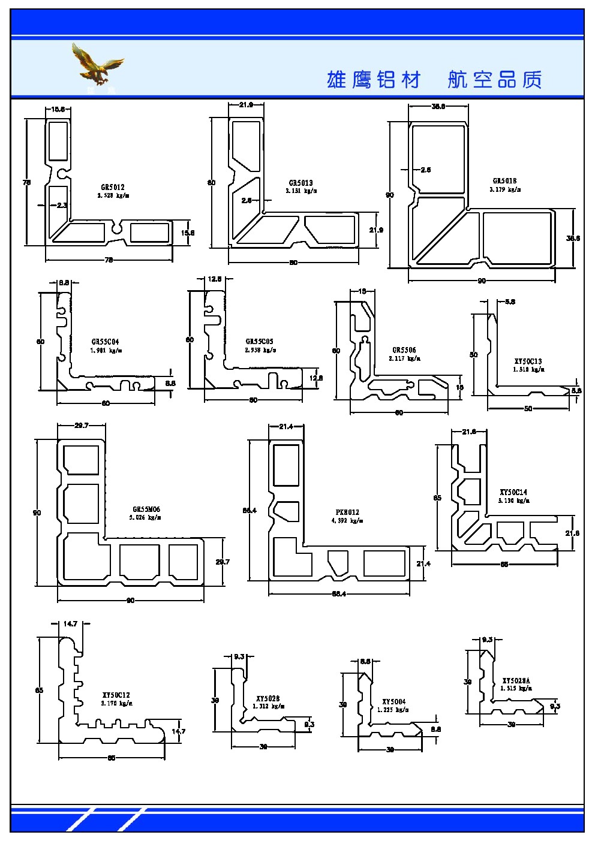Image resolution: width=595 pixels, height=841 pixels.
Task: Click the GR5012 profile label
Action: (x=112, y=187)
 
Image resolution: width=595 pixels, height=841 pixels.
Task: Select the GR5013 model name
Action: (x=300, y=183)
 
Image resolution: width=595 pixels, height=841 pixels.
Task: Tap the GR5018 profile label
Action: (x=504, y=180)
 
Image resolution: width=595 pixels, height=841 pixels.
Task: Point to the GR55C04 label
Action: (x=105, y=342)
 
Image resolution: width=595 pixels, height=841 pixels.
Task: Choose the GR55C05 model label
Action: (x=259, y=342)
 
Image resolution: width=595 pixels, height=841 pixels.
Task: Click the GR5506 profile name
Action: (x=404, y=350)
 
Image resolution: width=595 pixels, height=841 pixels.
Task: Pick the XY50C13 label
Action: (x=528, y=361)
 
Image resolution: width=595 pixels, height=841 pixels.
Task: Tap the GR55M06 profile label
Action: (x=146, y=510)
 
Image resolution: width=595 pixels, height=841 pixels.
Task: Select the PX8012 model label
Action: (x=347, y=513)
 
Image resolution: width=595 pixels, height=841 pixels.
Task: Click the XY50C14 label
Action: (x=513, y=492)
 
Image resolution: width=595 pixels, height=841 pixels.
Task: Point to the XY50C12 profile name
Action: (x=116, y=695)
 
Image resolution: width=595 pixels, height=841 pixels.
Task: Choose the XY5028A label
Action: (x=516, y=681)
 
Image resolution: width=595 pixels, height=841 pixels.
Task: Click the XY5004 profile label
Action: (x=393, y=701)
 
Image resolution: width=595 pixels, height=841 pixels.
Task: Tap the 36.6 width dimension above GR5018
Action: (x=438, y=107)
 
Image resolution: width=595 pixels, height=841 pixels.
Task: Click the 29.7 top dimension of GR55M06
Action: (x=81, y=426)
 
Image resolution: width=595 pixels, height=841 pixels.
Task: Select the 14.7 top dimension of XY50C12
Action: (x=70, y=624)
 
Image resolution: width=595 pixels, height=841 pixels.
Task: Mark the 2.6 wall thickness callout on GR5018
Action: (x=425, y=170)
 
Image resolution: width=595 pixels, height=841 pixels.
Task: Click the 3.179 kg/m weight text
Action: (x=505, y=189)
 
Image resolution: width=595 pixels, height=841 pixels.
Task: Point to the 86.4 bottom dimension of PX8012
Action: (x=339, y=594)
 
